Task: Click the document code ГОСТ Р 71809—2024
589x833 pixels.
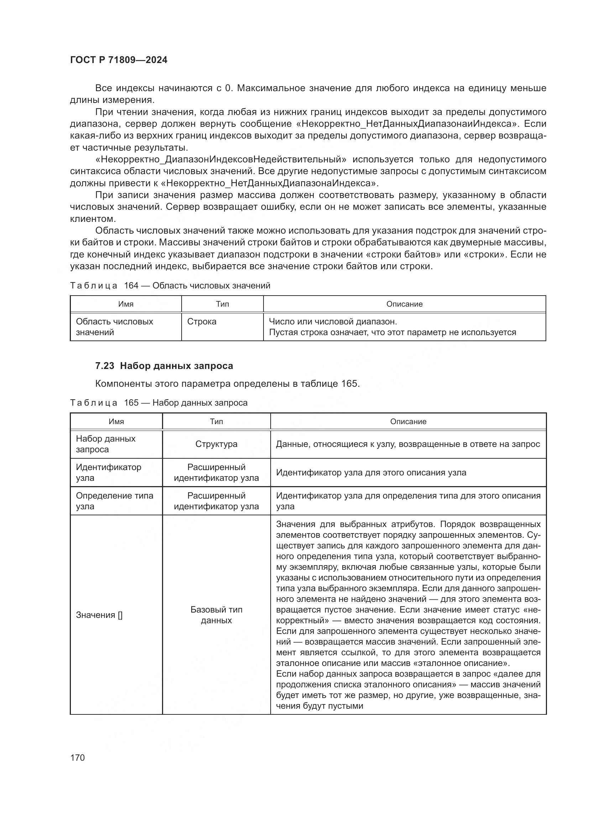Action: point(119,60)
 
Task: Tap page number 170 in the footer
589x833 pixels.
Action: point(77,757)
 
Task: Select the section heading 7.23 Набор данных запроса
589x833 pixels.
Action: point(164,366)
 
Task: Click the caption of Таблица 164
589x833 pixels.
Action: point(170,286)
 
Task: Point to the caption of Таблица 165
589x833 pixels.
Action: point(158,403)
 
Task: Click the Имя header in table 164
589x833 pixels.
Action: point(125,304)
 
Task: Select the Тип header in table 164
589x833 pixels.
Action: point(222,304)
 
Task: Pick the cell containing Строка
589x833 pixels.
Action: point(202,322)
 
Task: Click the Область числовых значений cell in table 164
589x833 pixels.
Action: point(114,327)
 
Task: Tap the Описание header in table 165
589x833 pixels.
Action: point(408,422)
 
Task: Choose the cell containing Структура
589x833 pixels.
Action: point(216,444)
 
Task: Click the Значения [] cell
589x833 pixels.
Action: point(99,615)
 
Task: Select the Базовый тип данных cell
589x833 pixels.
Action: point(216,615)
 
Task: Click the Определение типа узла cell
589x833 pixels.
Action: point(114,501)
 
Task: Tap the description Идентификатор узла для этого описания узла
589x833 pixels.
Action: point(371,473)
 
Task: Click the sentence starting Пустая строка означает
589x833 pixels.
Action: point(392,332)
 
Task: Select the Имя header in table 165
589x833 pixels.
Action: point(116,422)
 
